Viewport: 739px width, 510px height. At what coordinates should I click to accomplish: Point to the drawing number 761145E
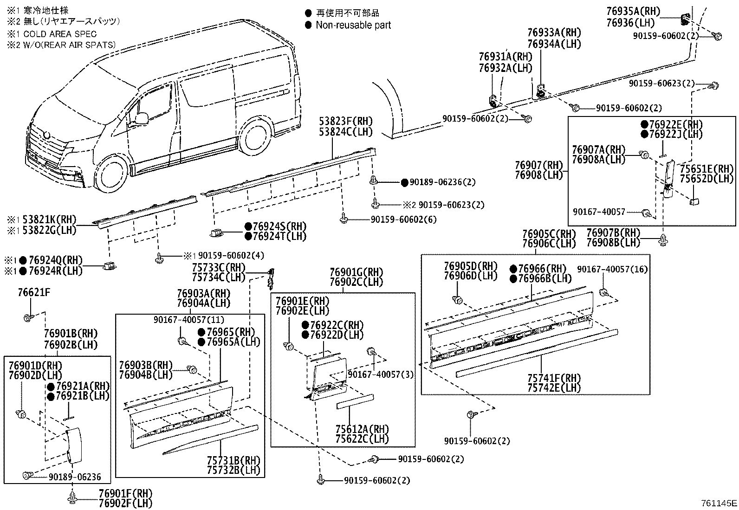[x=719, y=503]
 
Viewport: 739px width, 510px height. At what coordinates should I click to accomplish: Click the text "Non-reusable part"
[x=353, y=25]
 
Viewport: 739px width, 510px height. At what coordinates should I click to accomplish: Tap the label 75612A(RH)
[x=362, y=429]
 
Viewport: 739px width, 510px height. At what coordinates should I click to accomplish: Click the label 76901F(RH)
[x=125, y=493]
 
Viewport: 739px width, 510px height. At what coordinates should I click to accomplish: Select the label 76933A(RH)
[x=554, y=33]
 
